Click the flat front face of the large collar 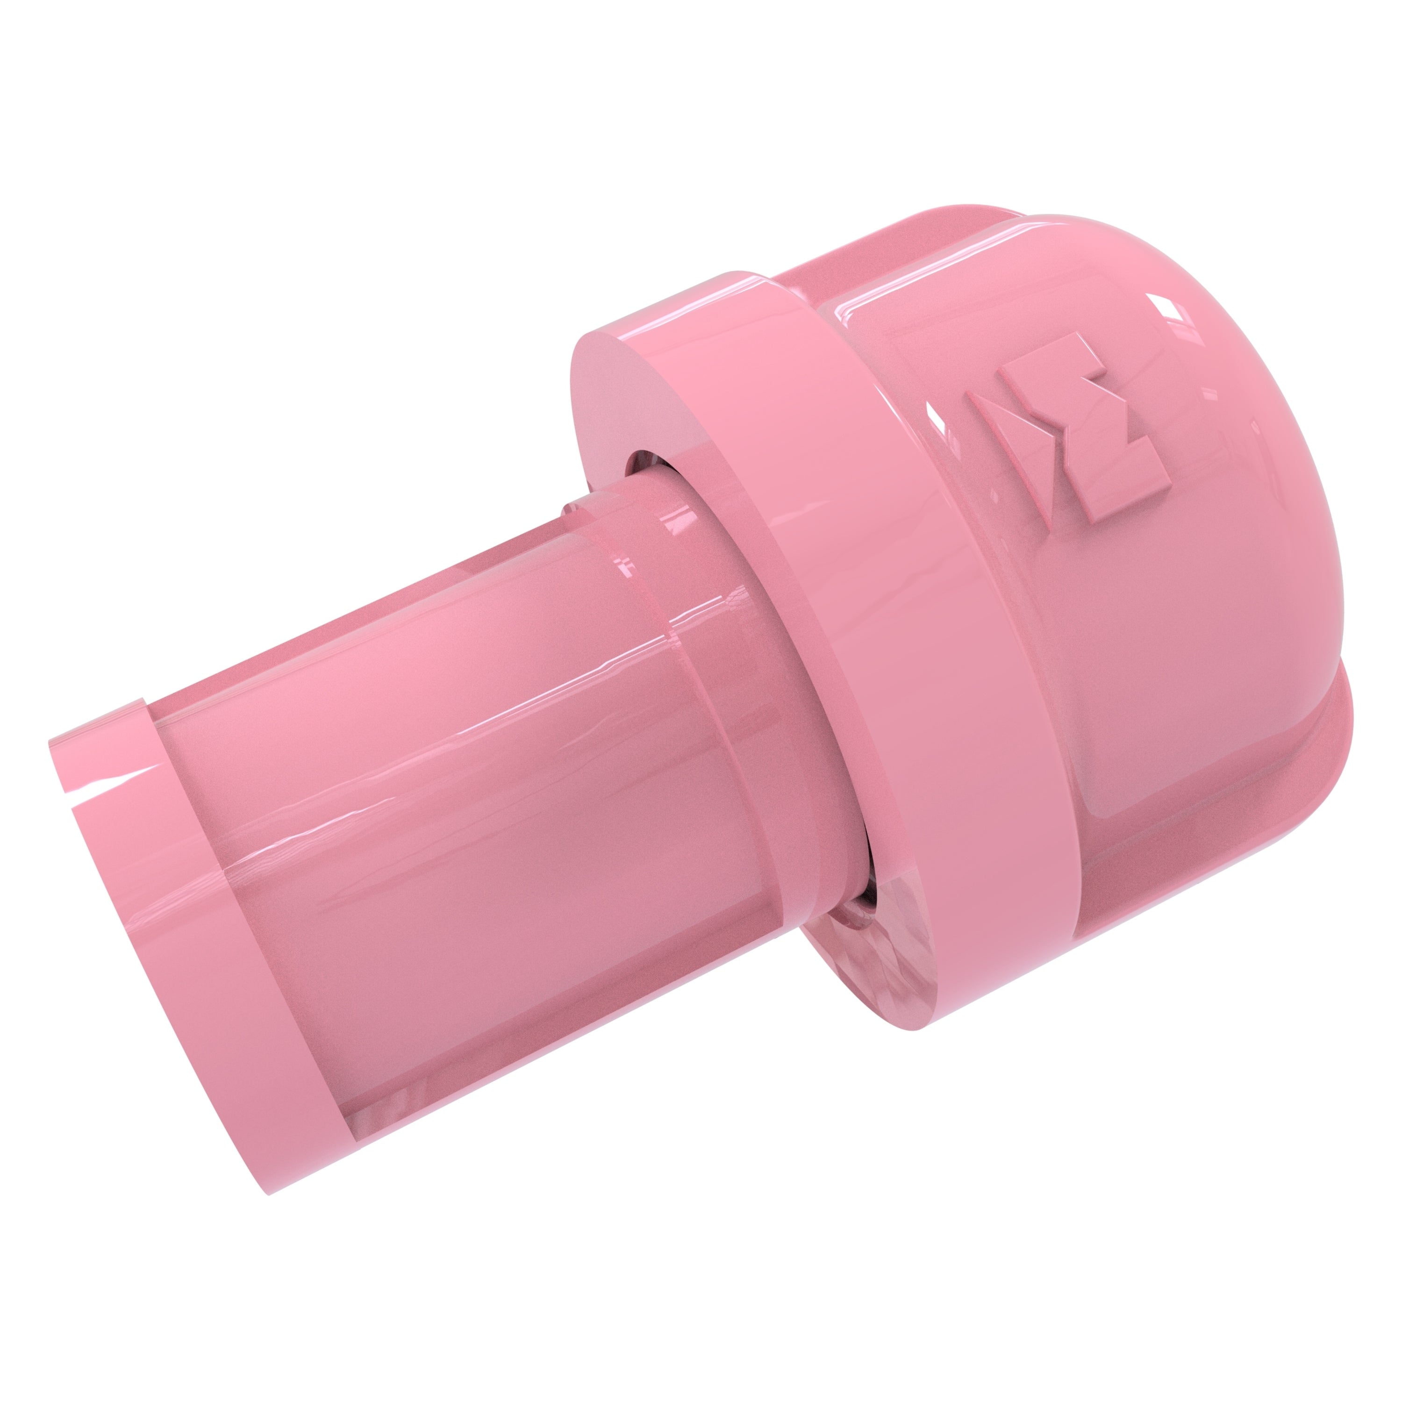tap(609, 407)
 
